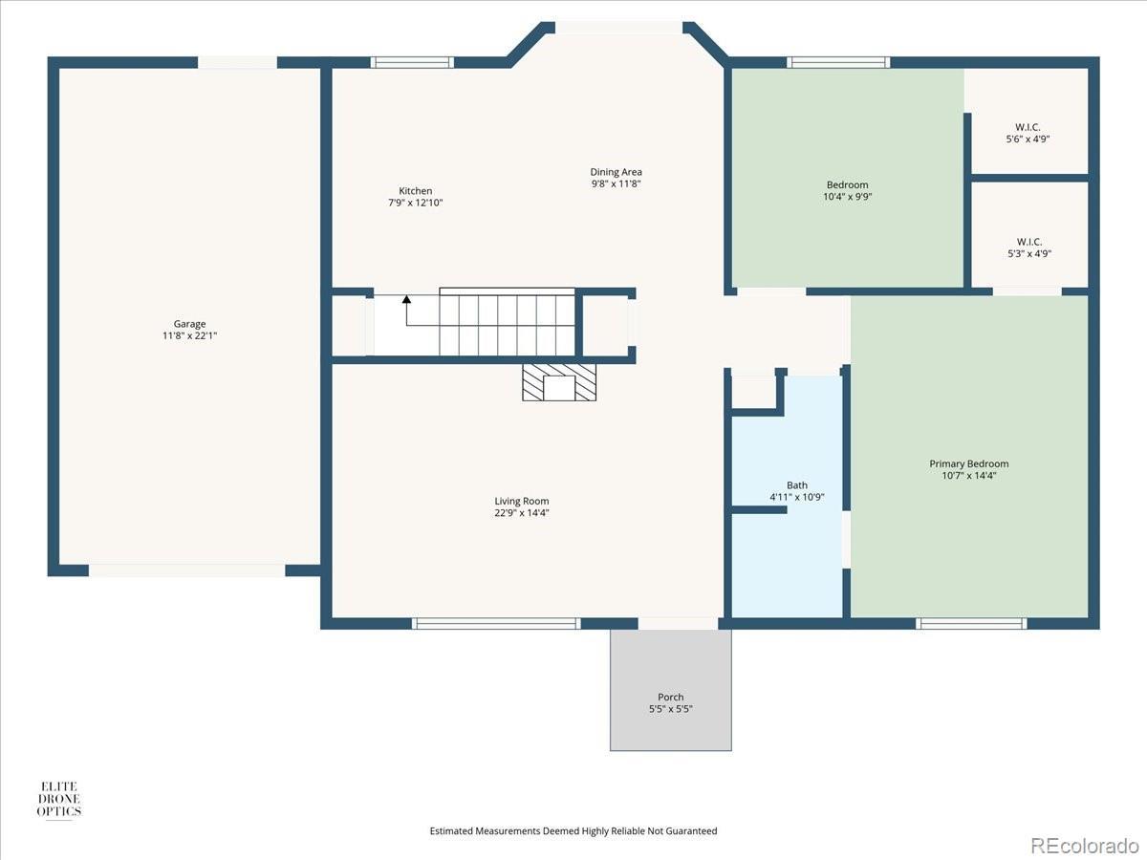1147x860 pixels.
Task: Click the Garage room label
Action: [189, 324]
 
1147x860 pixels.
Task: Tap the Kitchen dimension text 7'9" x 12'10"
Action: [416, 203]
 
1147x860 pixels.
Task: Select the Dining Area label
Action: [617, 172]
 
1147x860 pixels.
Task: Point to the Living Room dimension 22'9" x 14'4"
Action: [522, 513]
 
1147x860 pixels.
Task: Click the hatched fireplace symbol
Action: [559, 382]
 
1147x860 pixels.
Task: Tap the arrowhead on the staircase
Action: [406, 299]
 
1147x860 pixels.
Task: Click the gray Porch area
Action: [670, 690]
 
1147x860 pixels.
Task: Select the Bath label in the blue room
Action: [797, 485]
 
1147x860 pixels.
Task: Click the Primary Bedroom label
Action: [969, 463]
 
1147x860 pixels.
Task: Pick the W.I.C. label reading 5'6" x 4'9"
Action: [1028, 133]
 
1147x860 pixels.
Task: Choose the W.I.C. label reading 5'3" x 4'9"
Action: [1029, 248]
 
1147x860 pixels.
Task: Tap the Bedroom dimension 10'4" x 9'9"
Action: [848, 197]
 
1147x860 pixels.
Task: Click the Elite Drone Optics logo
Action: [59, 800]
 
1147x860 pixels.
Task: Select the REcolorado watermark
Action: [1085, 845]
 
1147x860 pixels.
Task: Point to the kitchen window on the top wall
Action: [412, 63]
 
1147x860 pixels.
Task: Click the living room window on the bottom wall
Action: [496, 623]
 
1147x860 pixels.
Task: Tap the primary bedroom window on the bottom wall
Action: [971, 623]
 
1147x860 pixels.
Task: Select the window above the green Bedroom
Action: [838, 63]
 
